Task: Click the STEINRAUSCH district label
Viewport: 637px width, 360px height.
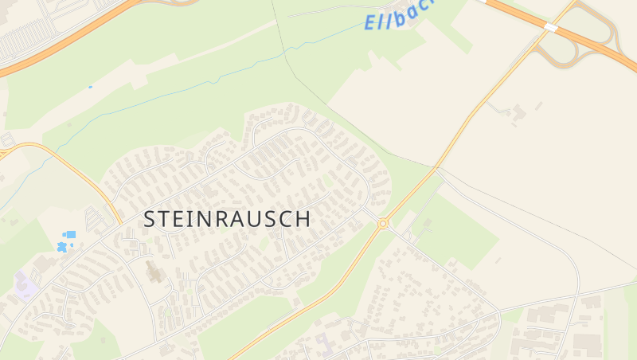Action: (x=227, y=219)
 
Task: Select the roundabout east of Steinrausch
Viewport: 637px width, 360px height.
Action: (x=383, y=224)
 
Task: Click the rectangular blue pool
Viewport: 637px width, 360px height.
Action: (x=70, y=235)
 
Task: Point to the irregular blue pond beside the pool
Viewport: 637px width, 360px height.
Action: (x=61, y=247)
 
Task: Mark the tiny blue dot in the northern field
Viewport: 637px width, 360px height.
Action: (x=91, y=87)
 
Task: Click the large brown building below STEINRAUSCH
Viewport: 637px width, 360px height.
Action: (x=154, y=273)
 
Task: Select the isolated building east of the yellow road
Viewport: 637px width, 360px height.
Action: (x=518, y=112)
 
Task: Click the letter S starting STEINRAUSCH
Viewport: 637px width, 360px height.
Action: (x=150, y=219)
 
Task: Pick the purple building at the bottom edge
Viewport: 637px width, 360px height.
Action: (x=322, y=344)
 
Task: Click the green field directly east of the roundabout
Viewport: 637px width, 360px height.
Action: (x=458, y=231)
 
